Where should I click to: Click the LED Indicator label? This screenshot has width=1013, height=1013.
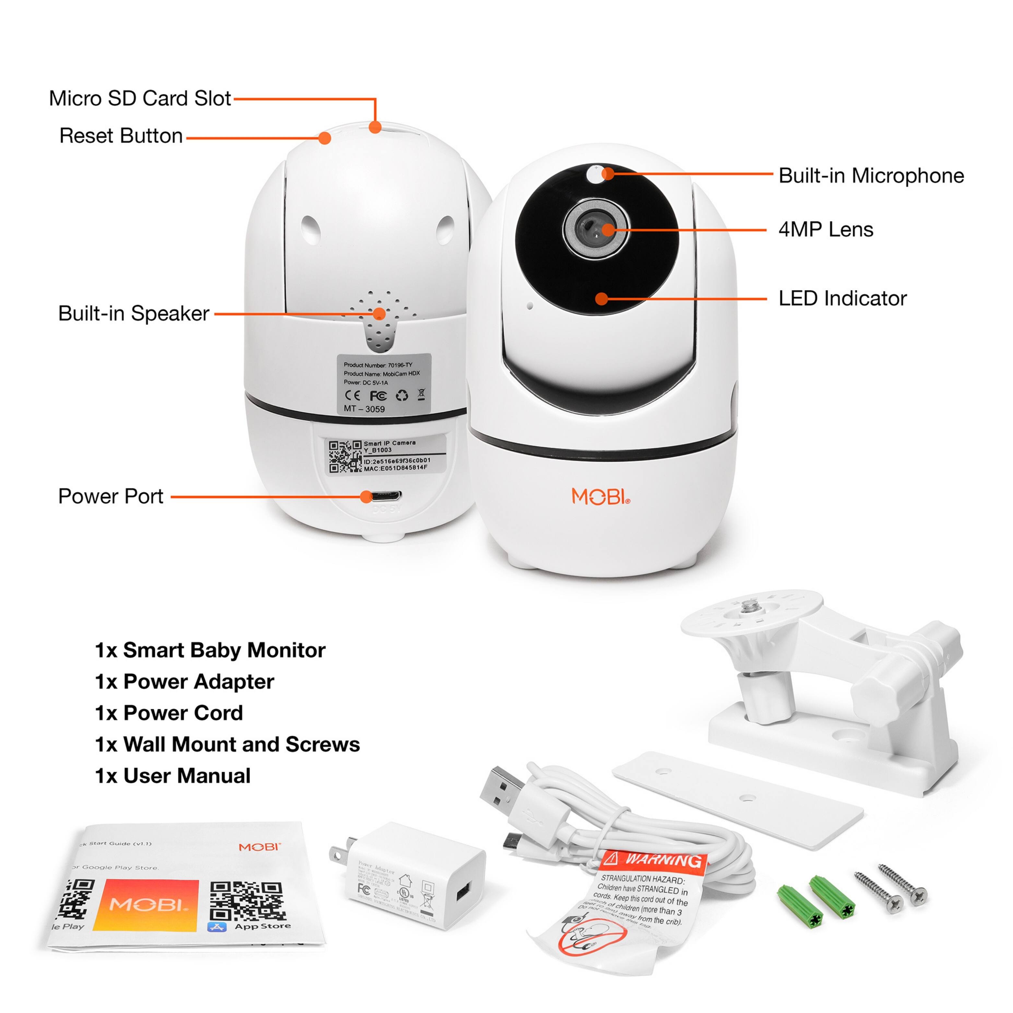[x=842, y=298]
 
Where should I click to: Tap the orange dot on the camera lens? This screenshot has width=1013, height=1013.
[x=607, y=230]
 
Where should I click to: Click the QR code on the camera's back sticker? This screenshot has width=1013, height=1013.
[x=345, y=456]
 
